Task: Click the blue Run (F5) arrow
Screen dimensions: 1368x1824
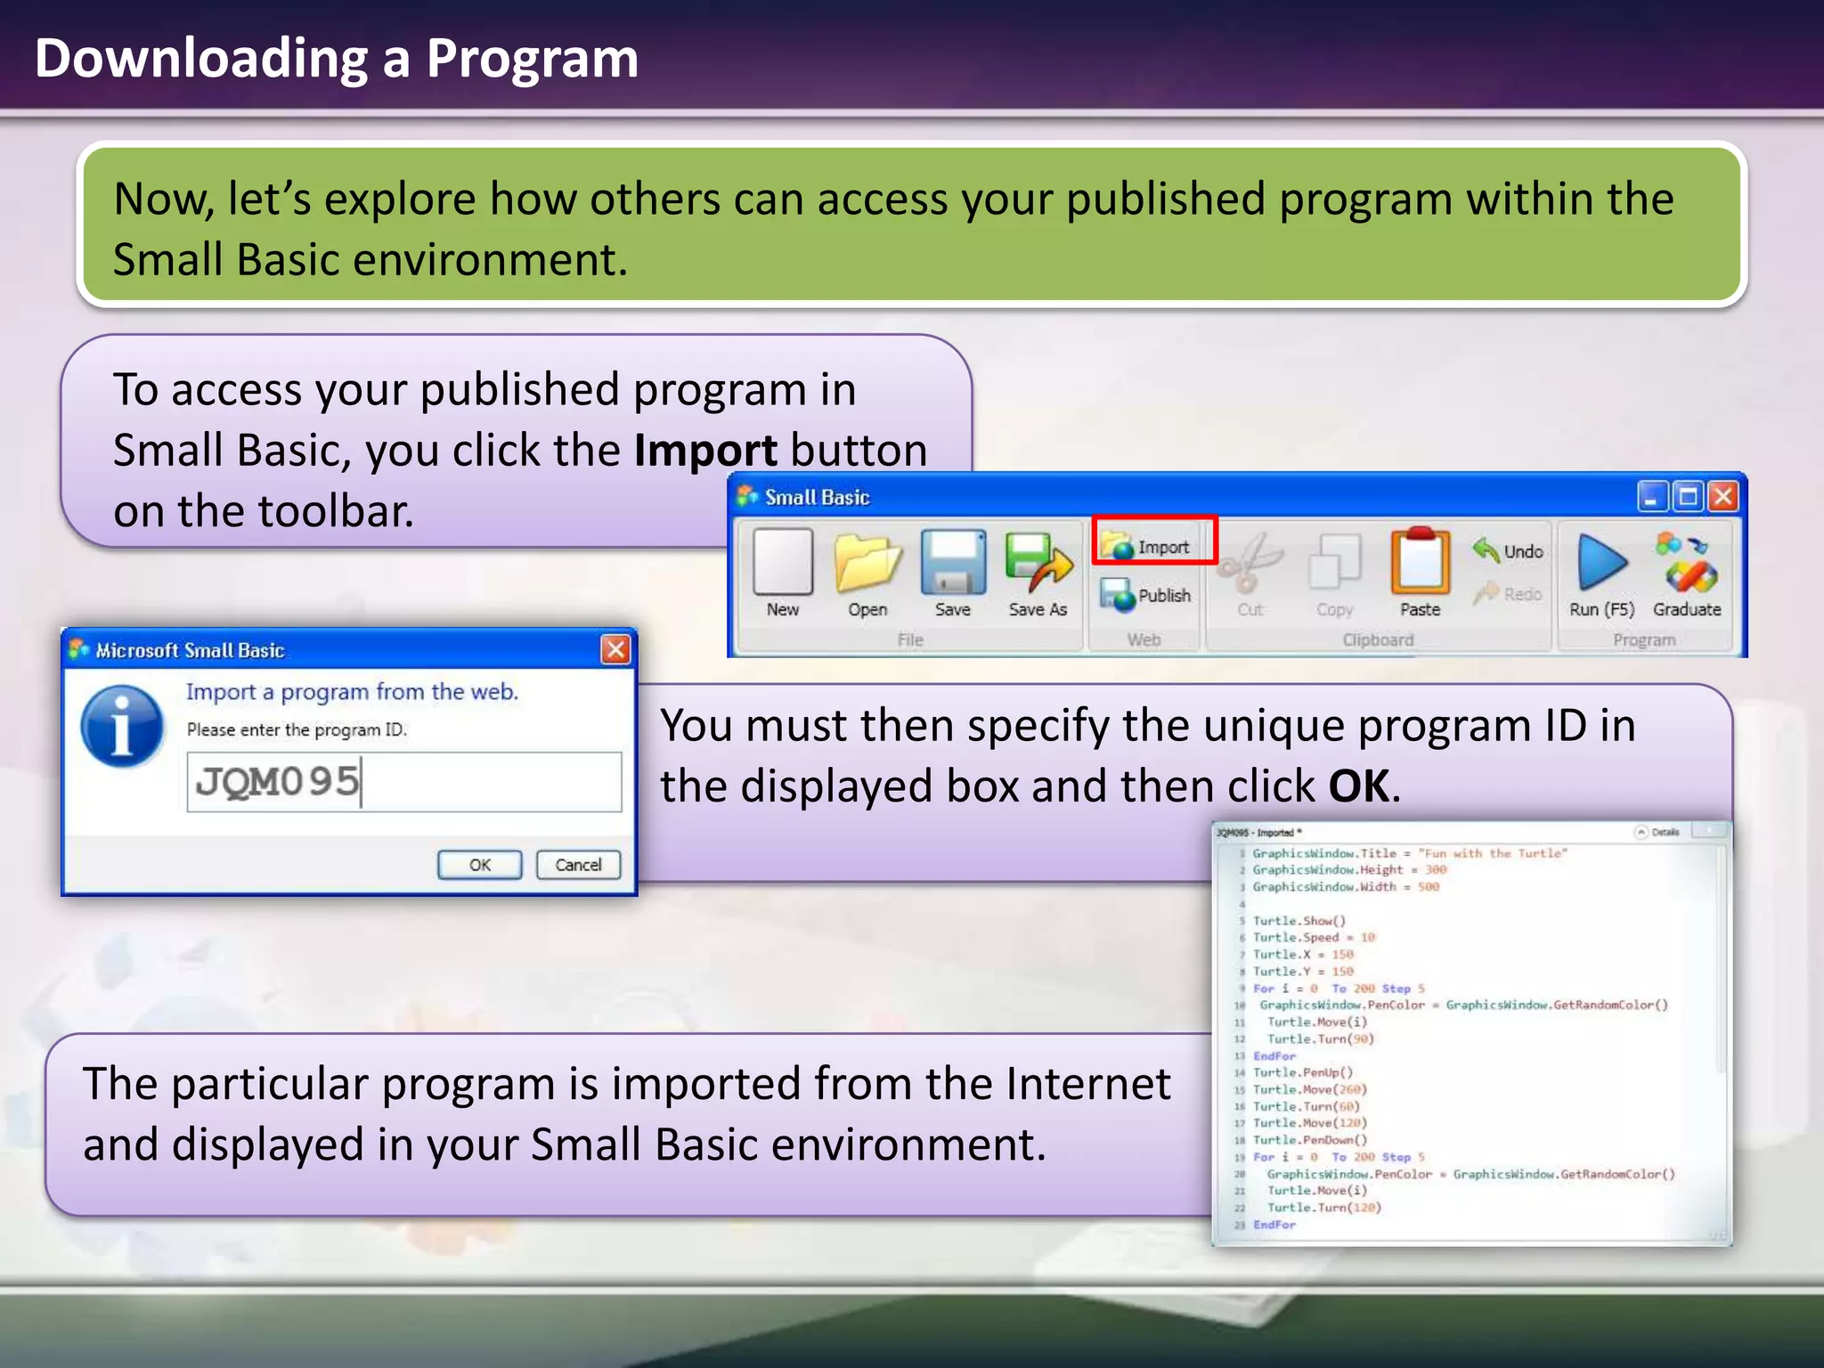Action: (1601, 563)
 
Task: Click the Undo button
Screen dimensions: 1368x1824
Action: (1509, 550)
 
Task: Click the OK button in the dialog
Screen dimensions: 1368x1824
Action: (479, 865)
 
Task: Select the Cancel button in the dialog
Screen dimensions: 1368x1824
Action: (578, 865)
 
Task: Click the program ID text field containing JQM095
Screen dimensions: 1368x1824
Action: (403, 782)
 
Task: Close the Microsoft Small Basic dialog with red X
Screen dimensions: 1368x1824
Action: (615, 649)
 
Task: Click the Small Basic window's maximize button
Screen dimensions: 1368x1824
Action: (1688, 497)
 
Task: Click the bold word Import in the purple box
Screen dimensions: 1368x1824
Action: (705, 451)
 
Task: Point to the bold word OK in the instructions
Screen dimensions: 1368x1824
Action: (1357, 786)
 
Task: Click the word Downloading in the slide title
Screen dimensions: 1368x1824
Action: (200, 59)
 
